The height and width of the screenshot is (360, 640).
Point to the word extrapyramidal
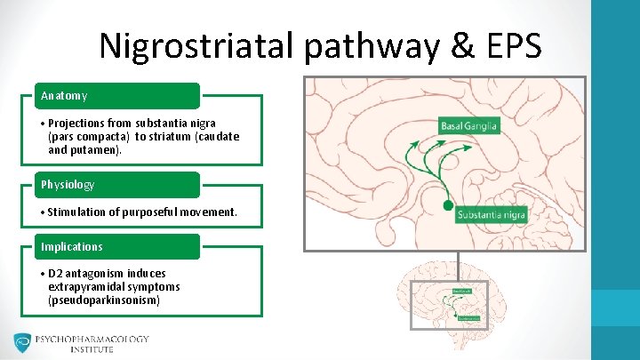point(88,286)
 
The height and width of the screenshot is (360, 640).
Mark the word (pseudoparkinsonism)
point(104,300)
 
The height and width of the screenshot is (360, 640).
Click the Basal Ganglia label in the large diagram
point(470,126)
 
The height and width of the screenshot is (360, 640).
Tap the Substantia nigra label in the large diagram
point(491,214)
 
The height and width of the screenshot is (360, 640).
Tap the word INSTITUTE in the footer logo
point(92,350)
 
